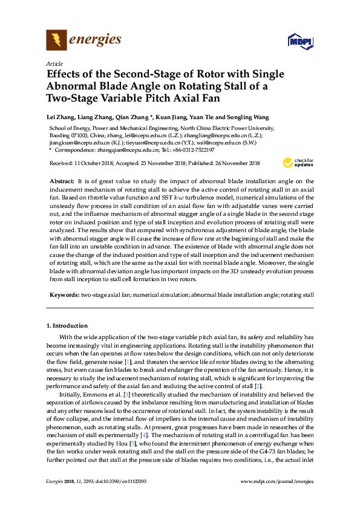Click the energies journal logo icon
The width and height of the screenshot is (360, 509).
pos(57,41)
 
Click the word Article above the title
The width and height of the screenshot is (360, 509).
pos(54,63)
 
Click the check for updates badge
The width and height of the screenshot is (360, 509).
pos(298,163)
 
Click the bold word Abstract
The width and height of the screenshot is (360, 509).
pos(62,181)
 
